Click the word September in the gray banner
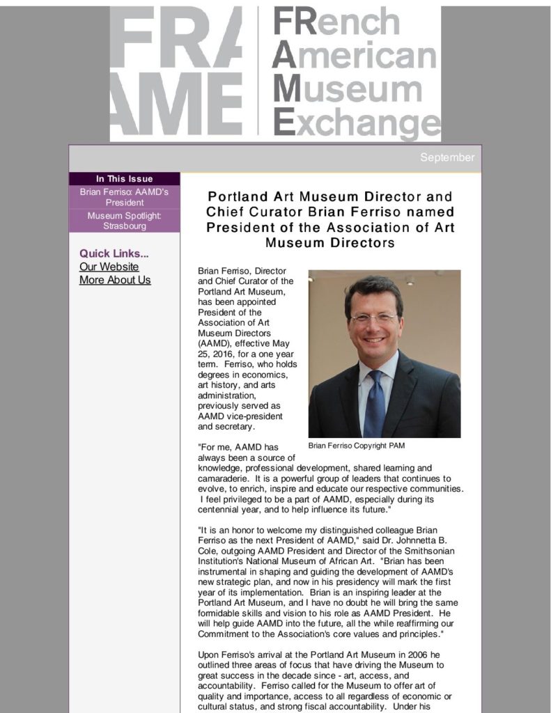click(447, 157)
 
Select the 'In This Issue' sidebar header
click(124, 179)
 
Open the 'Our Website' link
click(109, 267)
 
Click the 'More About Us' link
click(115, 280)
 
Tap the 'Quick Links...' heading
click(114, 253)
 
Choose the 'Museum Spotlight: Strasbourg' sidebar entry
click(124, 221)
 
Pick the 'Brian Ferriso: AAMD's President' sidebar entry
click(124, 197)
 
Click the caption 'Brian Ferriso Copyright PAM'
click(356, 446)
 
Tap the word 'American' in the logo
click(355, 56)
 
